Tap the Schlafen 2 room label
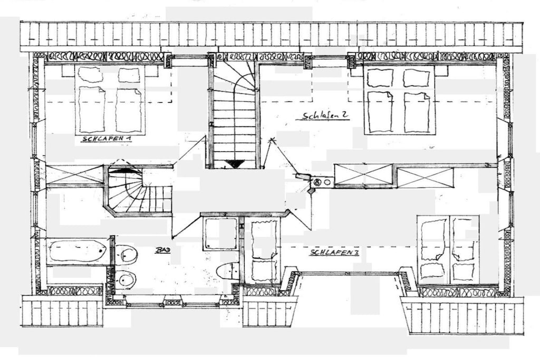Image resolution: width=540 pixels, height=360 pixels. [324, 115]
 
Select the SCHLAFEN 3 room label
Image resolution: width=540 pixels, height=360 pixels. [335, 252]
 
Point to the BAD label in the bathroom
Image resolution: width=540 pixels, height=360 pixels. [162, 250]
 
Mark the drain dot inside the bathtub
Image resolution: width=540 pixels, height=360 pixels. [101, 251]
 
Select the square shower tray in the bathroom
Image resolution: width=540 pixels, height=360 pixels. [220, 233]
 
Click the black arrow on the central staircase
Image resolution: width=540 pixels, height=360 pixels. [235, 164]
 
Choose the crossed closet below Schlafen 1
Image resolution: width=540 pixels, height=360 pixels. [75, 175]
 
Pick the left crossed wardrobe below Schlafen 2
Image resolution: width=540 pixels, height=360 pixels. [364, 176]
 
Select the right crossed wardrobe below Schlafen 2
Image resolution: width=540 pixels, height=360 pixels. [426, 178]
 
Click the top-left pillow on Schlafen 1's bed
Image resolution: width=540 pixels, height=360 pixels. [89, 74]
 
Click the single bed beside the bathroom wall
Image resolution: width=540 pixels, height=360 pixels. [264, 251]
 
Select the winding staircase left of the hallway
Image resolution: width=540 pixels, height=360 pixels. [138, 191]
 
